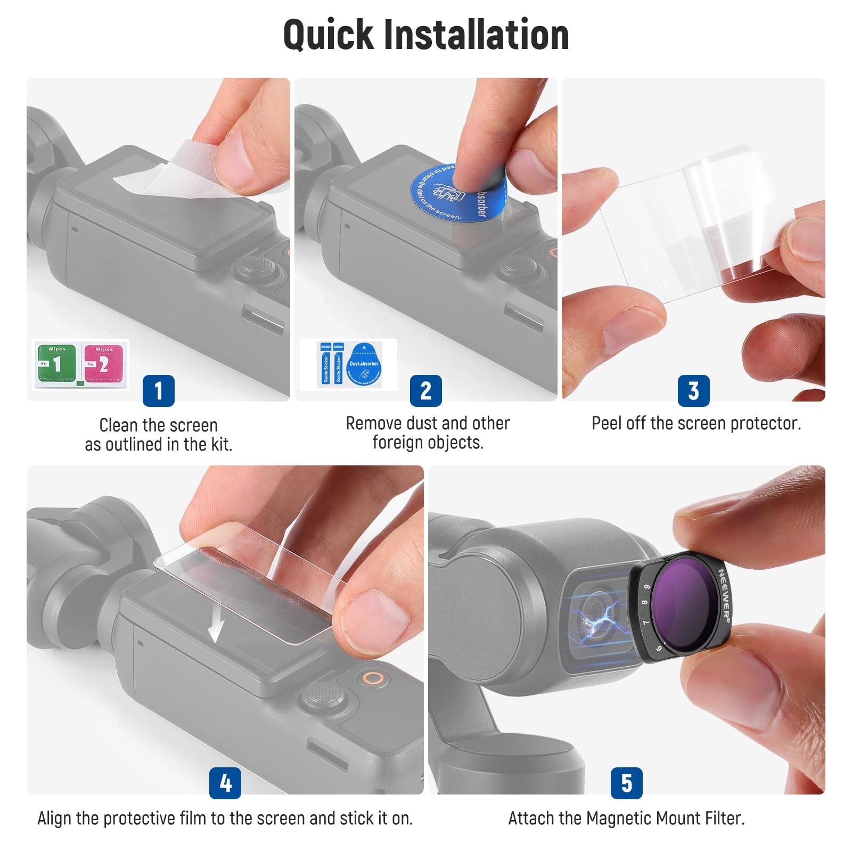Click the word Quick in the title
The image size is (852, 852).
click(329, 35)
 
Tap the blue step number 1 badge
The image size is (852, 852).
click(159, 390)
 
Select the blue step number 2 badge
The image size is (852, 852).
click(425, 390)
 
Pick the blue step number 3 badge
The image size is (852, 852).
click(693, 390)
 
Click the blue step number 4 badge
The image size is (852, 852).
click(225, 783)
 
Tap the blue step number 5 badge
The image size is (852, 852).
click(626, 783)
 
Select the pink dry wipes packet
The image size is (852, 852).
click(103, 364)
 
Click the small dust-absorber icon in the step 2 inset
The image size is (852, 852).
click(364, 365)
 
